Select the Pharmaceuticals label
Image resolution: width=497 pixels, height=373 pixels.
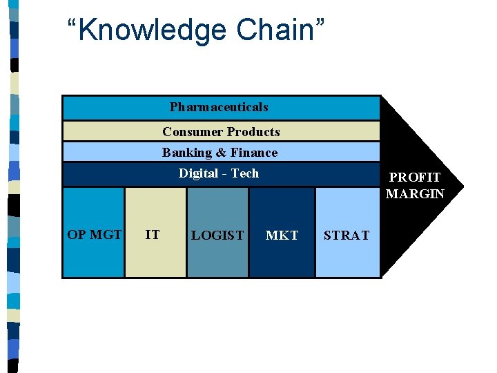coord(219,107)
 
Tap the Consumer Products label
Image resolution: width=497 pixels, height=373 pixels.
coord(221,132)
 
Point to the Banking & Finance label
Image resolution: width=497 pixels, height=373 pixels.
coord(220,153)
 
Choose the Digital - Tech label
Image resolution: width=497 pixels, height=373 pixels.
coord(218,173)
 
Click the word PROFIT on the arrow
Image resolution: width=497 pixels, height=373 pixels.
coord(414,178)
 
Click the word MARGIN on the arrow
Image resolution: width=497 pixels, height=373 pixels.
coord(415,194)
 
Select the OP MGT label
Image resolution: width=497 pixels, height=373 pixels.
coord(94,235)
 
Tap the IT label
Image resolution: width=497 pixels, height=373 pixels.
coord(153,235)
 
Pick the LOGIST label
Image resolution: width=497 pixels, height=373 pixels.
coord(217,236)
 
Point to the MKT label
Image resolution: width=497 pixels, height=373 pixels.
coord(282,236)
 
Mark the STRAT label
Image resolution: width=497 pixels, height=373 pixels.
coord(347,236)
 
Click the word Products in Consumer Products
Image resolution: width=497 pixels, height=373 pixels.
coord(253,132)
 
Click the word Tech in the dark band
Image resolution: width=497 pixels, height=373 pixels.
coord(245,173)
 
